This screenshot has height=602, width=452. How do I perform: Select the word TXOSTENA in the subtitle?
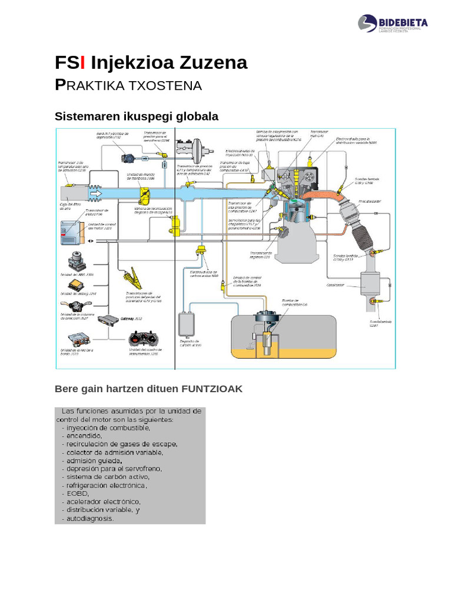(168, 86)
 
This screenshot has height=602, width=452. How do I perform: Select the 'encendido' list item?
(84, 436)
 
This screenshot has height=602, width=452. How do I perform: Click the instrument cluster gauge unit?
(144, 340)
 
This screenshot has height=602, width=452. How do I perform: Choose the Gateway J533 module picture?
(107, 319)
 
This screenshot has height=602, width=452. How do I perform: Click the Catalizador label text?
(335, 285)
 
